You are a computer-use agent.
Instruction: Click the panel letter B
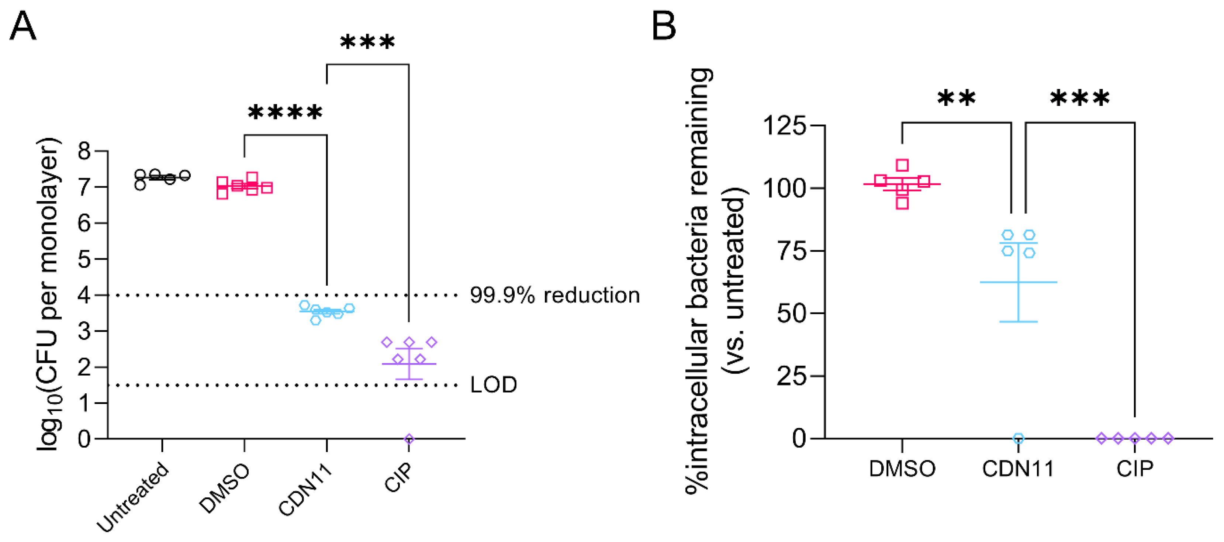pos(663,26)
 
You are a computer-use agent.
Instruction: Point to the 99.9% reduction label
pos(554,296)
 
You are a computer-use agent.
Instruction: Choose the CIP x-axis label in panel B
pos(1134,469)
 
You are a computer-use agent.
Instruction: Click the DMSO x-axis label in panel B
pos(902,469)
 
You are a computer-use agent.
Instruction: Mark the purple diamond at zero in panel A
pos(409,439)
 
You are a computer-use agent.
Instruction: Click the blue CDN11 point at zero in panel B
pos(1018,438)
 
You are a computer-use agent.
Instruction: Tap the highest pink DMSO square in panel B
pos(902,165)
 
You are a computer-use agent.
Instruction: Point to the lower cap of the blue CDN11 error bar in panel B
pos(1018,322)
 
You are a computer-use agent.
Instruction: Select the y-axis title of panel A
pos(49,295)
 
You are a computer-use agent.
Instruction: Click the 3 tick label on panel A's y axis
pos(84,331)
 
